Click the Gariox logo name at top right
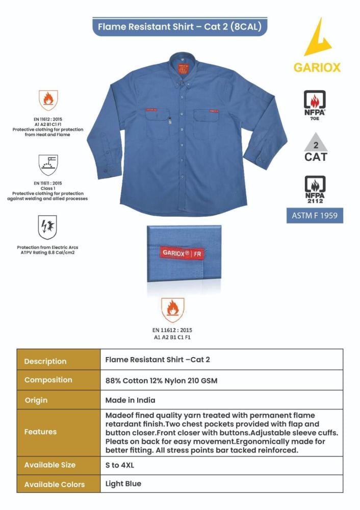click(317, 68)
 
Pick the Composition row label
click(48, 380)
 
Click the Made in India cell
click(131, 400)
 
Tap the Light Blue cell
click(123, 483)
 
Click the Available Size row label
click(50, 465)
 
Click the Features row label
click(41, 432)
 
